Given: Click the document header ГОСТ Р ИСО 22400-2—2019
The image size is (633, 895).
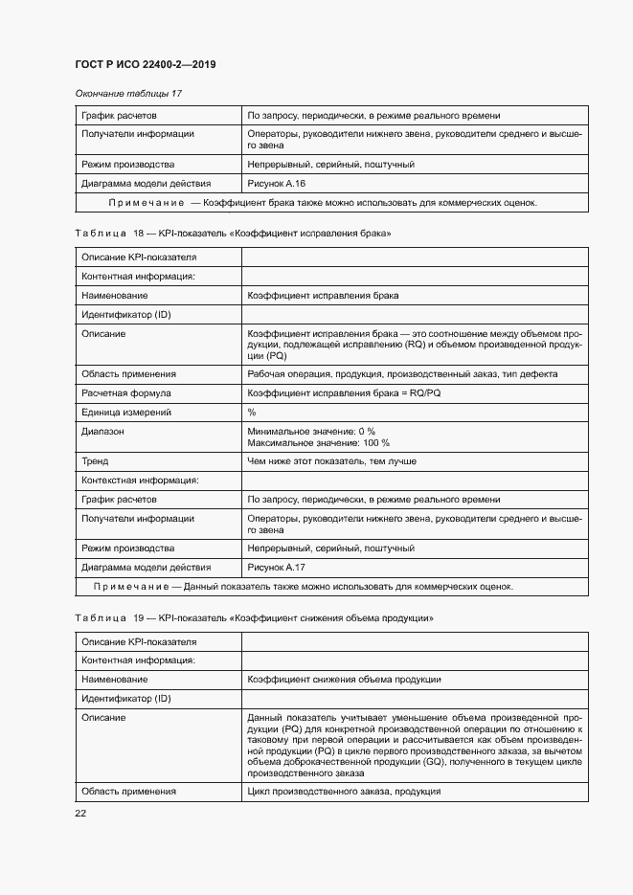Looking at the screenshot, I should point(145,64).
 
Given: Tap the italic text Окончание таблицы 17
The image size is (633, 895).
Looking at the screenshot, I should point(128,93).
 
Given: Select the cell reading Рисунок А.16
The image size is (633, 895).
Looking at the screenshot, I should point(276,183).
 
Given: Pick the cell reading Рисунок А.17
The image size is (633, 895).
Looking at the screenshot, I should point(276,567).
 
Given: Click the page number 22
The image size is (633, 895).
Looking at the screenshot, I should point(80,813).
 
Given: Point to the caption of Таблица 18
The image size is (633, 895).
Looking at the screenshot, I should point(233,234).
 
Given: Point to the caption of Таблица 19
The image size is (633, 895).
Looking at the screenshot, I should point(254,618).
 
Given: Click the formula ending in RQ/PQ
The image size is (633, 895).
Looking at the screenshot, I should point(344,392).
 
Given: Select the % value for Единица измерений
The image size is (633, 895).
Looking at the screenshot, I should point(252,412).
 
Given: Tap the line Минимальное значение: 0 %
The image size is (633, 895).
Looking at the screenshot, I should point(310,432).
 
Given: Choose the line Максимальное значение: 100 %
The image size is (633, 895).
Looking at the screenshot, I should point(318,443).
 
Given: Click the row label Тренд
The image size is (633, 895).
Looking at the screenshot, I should point(95,461).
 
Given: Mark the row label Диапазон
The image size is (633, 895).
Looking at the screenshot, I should point(102,432).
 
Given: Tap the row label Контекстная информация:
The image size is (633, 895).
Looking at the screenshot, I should point(139,481).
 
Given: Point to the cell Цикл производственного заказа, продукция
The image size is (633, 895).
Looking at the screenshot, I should point(343,792).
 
